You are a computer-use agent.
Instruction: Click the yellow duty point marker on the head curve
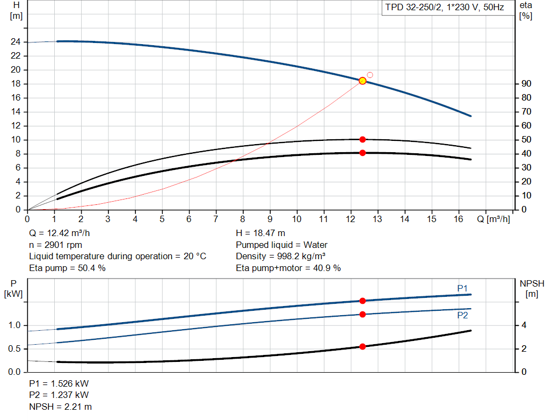pyautogui.click(x=363, y=81)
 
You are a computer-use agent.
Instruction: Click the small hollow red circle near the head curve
pyautogui.click(x=370, y=75)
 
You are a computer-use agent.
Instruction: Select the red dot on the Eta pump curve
pyautogui.click(x=363, y=139)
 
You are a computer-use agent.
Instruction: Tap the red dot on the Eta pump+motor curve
pyautogui.click(x=363, y=153)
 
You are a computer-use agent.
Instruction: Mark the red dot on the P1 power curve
pyautogui.click(x=363, y=301)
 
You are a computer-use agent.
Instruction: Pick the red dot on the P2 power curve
pyautogui.click(x=363, y=314)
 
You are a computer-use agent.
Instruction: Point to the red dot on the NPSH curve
pyautogui.click(x=363, y=346)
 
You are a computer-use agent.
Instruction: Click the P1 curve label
pyautogui.click(x=462, y=289)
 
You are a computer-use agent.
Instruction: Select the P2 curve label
pyautogui.click(x=462, y=315)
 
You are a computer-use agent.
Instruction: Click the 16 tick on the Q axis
pyautogui.click(x=459, y=219)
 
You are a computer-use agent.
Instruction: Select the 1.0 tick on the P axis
pyautogui.click(x=15, y=325)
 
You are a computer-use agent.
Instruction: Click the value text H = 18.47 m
pyautogui.click(x=261, y=233)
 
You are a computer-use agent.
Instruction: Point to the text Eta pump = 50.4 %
pyautogui.click(x=67, y=268)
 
